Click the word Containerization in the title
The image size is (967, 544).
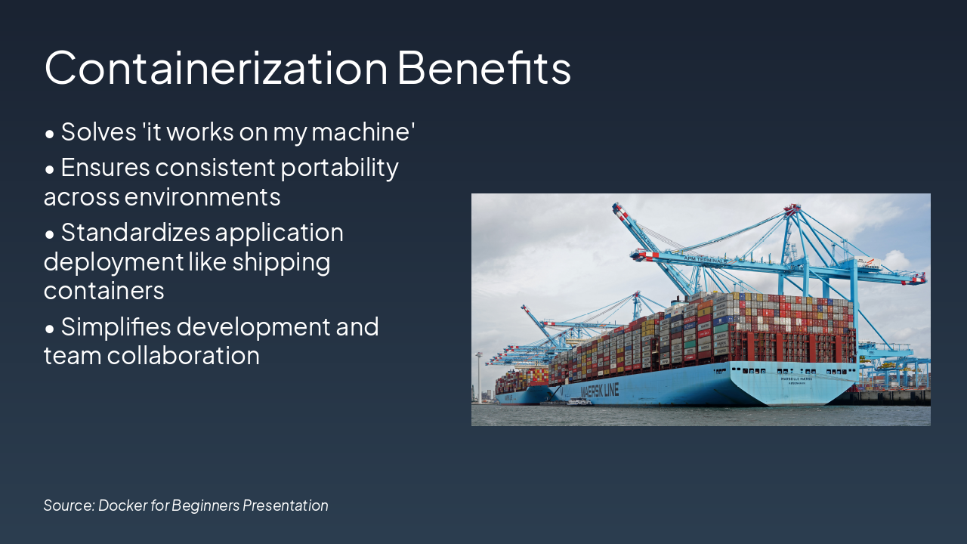tap(216, 67)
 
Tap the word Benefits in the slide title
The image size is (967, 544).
tap(483, 67)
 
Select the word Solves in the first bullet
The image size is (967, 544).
tap(98, 132)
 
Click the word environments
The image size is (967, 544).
tap(202, 197)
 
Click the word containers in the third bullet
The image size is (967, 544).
tap(104, 291)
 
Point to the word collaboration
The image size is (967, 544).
tap(184, 356)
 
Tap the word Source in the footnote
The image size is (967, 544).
tap(68, 505)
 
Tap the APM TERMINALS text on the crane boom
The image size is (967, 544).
tap(705, 259)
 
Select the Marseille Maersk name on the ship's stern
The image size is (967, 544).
tap(796, 379)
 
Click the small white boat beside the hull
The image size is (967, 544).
tap(579, 402)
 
